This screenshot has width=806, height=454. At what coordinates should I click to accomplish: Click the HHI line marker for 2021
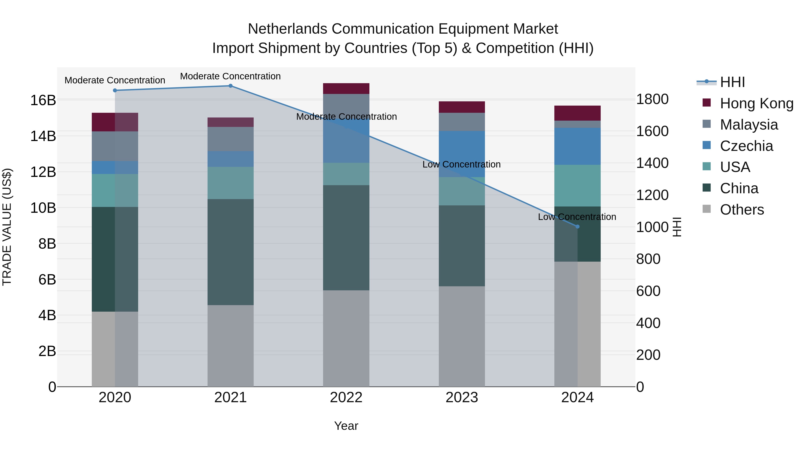click(230, 86)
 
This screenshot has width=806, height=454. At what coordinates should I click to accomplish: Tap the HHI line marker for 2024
click(577, 226)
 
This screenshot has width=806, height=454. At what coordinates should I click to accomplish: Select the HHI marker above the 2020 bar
click(115, 91)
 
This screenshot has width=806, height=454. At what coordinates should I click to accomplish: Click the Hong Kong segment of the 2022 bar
click(346, 89)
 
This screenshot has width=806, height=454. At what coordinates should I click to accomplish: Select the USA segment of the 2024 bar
click(577, 185)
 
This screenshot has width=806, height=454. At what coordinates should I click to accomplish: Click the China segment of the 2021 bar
click(230, 252)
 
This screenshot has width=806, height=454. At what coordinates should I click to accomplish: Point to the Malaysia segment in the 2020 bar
click(115, 146)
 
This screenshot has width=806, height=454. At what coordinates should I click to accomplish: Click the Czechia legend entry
click(746, 146)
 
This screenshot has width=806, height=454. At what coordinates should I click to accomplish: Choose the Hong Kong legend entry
click(756, 103)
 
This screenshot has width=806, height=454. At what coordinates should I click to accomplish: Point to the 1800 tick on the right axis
click(652, 99)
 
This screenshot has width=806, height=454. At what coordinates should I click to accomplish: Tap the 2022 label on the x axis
click(346, 398)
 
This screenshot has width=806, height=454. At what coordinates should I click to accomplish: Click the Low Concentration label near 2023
click(461, 165)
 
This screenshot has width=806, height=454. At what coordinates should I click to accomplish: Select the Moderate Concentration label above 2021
click(230, 76)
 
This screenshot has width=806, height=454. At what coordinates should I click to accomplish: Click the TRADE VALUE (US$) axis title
click(7, 227)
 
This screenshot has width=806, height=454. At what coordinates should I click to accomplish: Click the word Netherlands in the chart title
click(288, 29)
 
